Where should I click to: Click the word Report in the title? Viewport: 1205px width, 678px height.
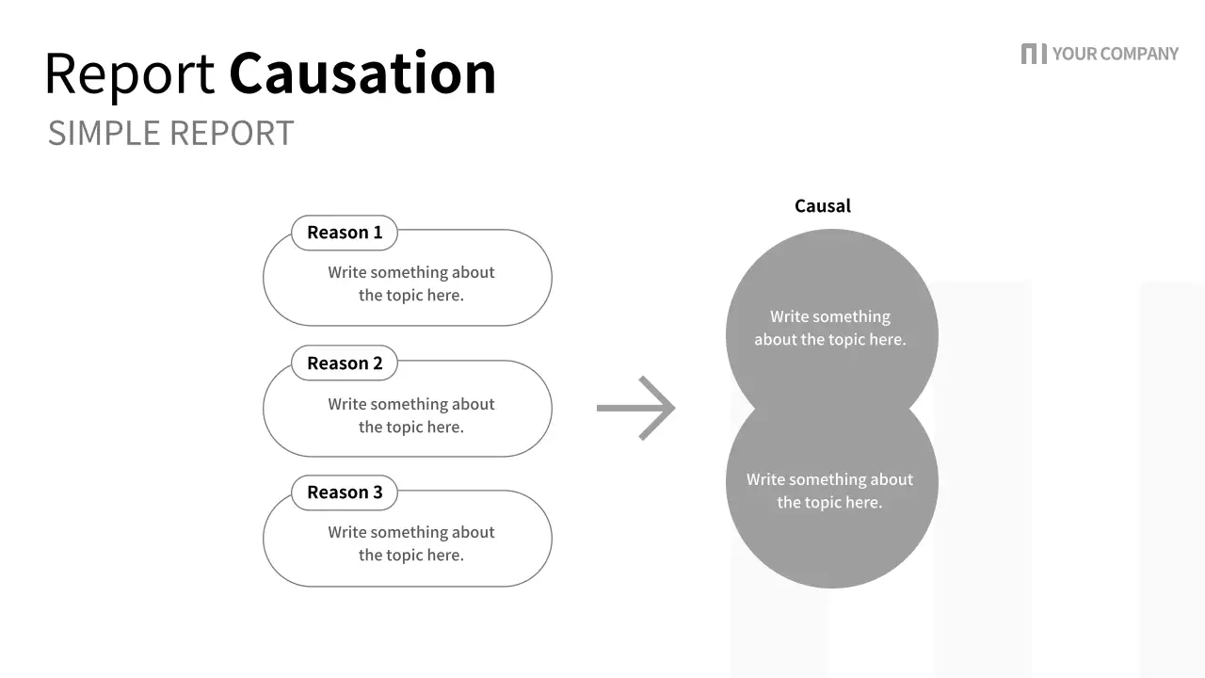129,74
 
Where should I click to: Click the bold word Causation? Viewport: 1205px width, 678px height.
362,73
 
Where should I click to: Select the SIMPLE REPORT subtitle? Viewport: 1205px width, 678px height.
170,133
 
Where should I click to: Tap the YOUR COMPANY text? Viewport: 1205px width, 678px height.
1115,54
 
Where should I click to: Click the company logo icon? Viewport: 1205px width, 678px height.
1033,54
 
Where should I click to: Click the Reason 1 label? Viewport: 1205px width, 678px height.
345,233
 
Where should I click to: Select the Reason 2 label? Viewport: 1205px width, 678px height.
345,363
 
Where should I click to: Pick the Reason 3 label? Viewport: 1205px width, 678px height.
345,492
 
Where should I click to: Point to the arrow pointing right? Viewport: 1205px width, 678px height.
636,408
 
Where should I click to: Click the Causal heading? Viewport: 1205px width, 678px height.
822,206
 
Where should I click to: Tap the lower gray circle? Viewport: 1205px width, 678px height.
831,537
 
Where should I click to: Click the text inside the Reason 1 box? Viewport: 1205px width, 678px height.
411,283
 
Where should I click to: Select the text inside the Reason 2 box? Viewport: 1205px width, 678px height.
411,415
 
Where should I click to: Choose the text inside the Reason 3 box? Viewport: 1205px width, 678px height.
411,543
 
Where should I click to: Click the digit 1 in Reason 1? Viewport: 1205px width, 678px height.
378,233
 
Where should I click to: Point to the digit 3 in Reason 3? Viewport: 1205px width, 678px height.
378,492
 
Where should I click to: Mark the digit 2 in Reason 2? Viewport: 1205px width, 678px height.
378,363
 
